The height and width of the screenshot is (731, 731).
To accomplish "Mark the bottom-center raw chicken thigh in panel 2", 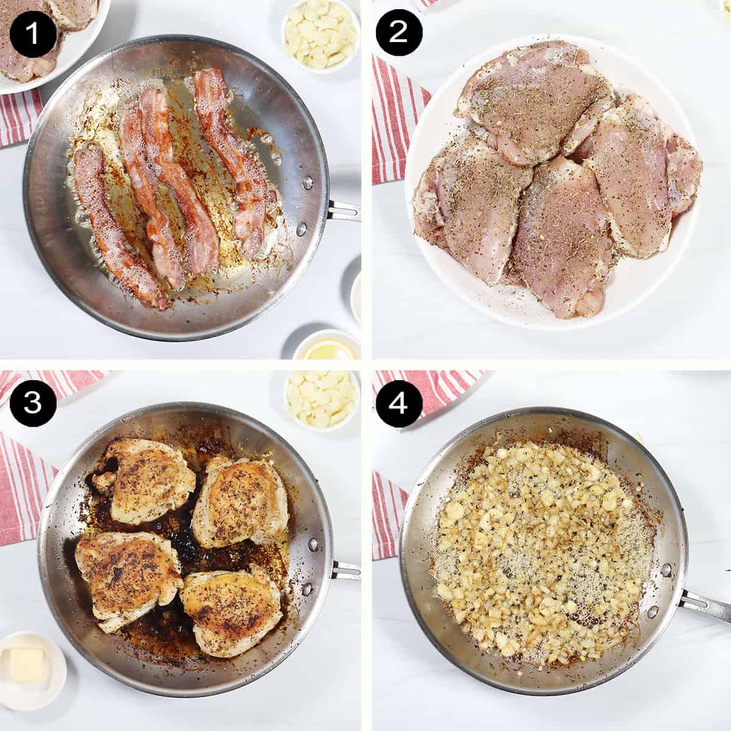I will pos(560,238).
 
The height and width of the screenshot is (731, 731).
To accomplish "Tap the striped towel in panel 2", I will pos(393,122).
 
